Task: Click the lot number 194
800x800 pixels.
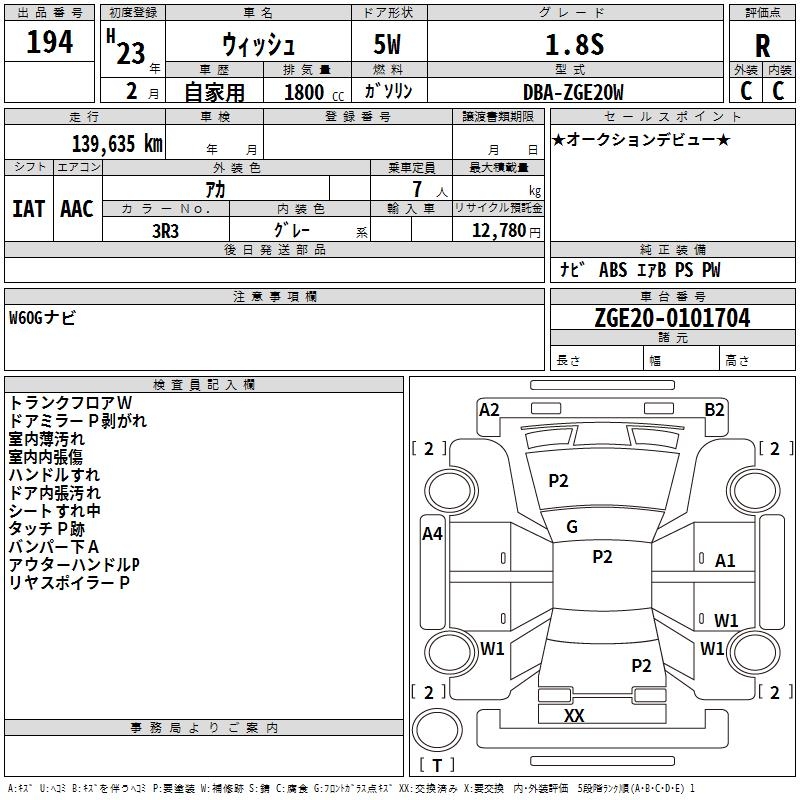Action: coord(49,43)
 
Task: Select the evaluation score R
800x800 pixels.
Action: coord(762,46)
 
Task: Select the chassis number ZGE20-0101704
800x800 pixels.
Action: coord(671,319)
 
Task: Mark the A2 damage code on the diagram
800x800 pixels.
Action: coord(489,409)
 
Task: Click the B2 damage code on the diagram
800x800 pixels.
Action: coord(714,409)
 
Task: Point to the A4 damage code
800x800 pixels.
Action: coord(432,533)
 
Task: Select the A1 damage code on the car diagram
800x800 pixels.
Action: coord(725,561)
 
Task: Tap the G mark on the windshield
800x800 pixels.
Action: coord(572,527)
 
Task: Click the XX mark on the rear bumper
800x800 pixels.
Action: coord(574,715)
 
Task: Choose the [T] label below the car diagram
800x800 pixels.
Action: coord(436,765)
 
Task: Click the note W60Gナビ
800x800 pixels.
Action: coord(42,318)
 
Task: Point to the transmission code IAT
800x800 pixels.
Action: coord(28,208)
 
